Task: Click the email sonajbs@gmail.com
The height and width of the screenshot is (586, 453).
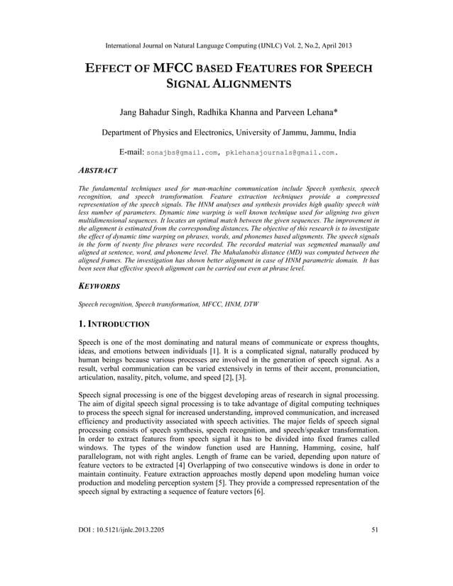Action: pos(181,153)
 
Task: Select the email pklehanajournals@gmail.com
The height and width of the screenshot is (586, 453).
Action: pos(280,153)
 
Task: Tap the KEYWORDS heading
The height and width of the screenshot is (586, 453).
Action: pos(99,286)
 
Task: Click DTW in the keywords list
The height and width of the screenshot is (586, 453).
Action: pos(251,304)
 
